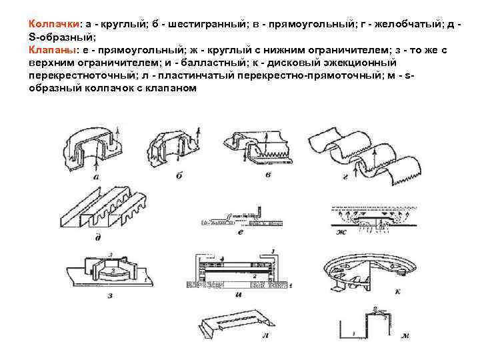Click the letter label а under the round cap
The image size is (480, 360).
tap(97, 178)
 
